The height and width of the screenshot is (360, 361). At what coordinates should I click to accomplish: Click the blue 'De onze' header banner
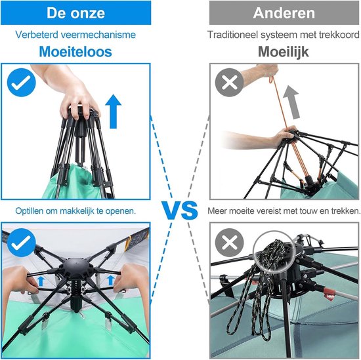[75, 12]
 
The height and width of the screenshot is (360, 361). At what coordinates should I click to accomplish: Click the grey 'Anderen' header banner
[284, 12]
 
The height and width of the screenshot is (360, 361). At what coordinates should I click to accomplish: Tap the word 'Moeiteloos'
[75, 52]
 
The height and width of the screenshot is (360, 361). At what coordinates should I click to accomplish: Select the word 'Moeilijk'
[283, 52]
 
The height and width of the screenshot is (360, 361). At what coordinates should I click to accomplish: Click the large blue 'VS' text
[179, 210]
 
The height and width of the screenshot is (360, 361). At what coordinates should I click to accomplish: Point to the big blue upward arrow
[114, 111]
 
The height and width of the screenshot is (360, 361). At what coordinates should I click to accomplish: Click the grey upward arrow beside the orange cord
[291, 102]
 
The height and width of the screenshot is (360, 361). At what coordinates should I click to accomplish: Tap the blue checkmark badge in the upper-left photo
[22, 83]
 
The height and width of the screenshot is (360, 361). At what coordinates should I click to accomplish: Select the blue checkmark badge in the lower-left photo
[22, 243]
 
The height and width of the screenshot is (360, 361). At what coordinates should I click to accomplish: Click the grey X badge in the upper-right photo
[229, 83]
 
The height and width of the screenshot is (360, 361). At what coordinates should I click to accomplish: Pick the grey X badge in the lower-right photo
[229, 243]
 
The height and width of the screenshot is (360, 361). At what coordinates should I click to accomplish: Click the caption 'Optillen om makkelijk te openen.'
[75, 211]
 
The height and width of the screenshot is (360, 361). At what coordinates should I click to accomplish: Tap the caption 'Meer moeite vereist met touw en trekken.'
[284, 210]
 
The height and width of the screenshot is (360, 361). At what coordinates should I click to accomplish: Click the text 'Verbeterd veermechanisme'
[75, 35]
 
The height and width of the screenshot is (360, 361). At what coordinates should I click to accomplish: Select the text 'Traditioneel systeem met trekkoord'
[284, 35]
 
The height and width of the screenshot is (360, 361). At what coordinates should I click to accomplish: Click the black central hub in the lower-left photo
[76, 266]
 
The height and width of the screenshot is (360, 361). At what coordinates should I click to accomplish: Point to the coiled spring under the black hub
[76, 287]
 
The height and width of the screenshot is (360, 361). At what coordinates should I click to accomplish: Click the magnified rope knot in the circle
[274, 252]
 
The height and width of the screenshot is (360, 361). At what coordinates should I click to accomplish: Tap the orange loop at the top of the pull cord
[272, 80]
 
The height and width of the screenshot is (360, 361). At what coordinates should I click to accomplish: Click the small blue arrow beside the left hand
[41, 281]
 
